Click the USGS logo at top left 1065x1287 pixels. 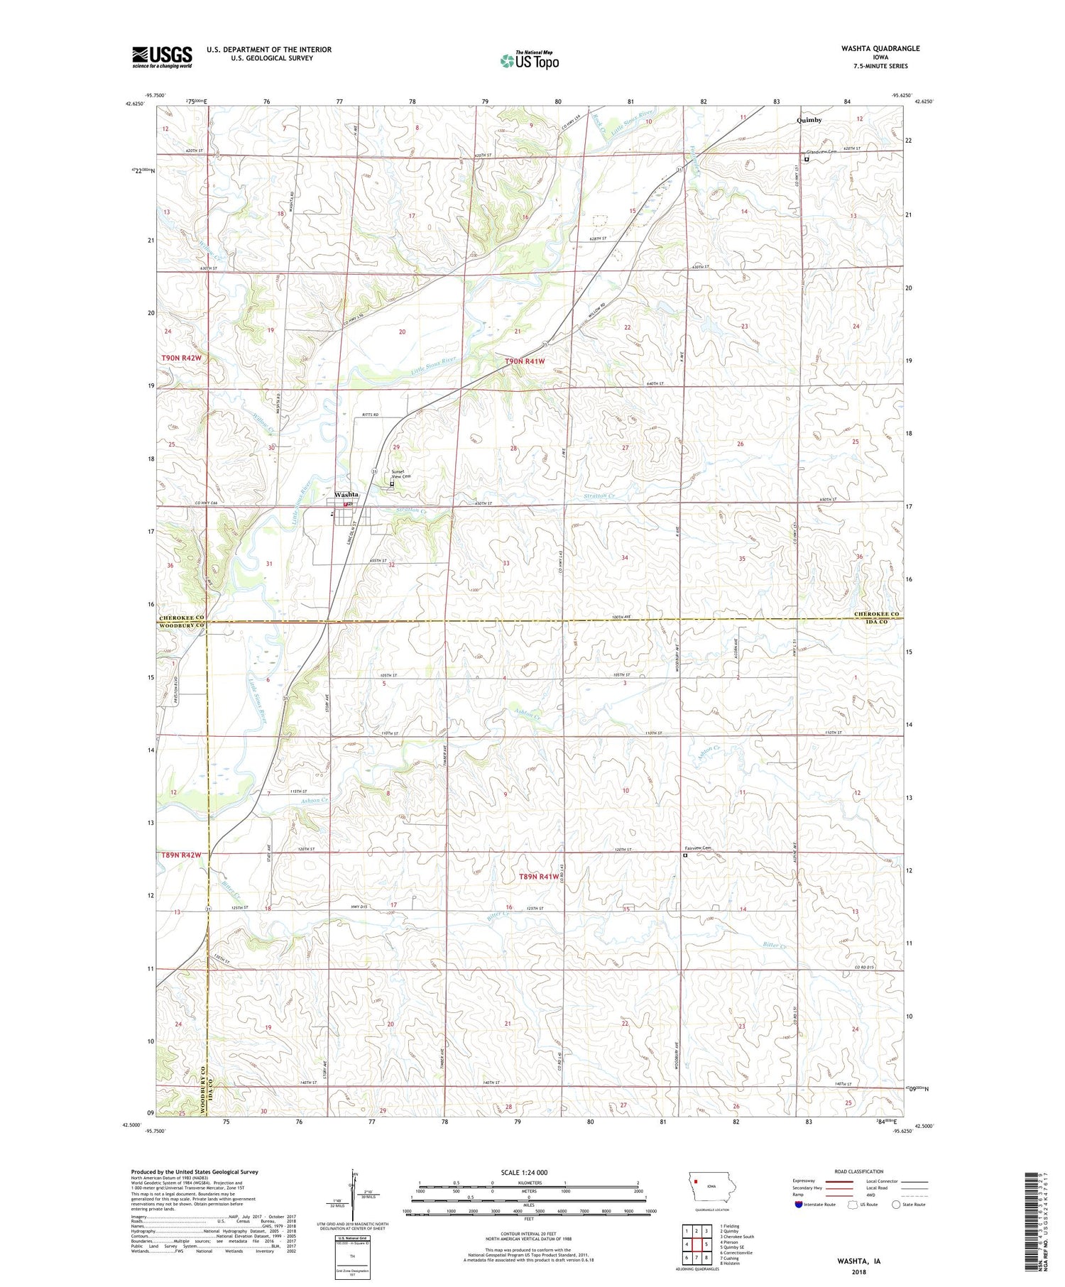click(x=162, y=57)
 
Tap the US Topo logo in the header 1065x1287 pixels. click(x=529, y=61)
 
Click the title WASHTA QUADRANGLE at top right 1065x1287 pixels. click(x=870, y=48)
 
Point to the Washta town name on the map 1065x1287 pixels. click(x=346, y=494)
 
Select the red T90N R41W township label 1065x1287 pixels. click(x=525, y=361)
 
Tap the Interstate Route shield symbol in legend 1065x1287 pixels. click(x=798, y=1204)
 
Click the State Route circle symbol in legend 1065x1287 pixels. click(x=896, y=1204)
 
